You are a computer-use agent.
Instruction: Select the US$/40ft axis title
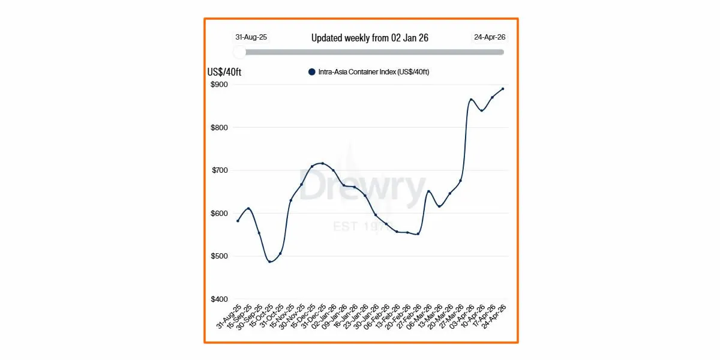point(224,73)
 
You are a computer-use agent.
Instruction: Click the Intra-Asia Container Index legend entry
point(368,72)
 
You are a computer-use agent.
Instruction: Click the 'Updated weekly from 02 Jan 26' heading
point(370,38)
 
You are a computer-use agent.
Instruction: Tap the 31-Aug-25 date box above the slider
point(251,37)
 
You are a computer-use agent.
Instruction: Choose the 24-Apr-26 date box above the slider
point(490,37)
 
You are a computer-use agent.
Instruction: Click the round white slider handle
point(239,52)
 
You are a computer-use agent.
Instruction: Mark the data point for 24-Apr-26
point(503,89)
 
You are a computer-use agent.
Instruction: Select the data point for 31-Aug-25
point(238,221)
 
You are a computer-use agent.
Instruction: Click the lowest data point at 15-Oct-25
point(270,262)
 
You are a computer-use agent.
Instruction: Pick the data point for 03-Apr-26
point(471,100)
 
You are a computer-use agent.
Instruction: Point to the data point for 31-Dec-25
point(323,163)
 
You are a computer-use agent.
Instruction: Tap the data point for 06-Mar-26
point(428,191)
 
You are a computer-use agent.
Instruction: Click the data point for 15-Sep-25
point(248,208)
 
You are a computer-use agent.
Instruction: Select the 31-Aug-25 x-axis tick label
point(229,317)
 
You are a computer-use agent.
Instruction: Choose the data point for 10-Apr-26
point(482,110)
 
